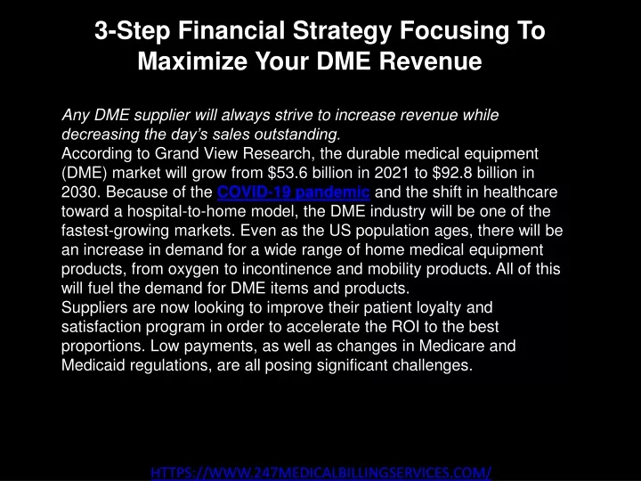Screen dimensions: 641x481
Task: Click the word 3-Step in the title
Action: click(132, 31)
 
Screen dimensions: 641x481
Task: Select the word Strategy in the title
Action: click(342, 31)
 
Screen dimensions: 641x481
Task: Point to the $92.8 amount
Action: click(452, 173)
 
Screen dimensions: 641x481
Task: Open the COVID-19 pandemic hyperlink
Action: click(294, 192)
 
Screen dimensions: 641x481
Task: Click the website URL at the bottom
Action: click(320, 473)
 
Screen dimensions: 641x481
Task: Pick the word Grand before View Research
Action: click(175, 153)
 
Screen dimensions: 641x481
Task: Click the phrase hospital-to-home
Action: click(186, 211)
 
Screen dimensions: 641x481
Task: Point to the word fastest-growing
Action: click(115, 231)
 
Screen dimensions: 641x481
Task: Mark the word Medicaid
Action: click(93, 365)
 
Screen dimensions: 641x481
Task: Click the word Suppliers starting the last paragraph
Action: click(94, 308)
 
